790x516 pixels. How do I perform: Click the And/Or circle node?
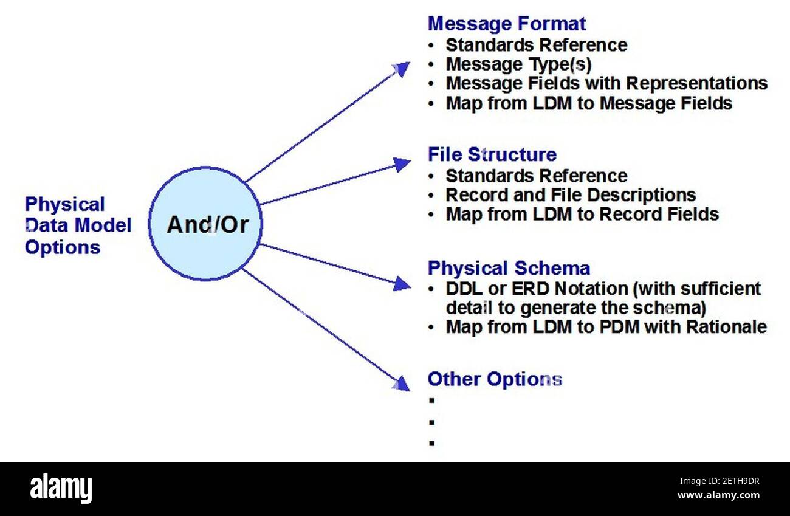point(206,224)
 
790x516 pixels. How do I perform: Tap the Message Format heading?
point(507,24)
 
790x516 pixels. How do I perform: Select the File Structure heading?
point(492,154)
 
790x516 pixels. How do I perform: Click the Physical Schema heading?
point(509,268)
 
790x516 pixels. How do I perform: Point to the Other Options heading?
point(495,379)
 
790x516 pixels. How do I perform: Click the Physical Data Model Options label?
point(78,225)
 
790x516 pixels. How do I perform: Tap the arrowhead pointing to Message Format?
point(402,68)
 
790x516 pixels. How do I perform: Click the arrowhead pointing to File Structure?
point(402,163)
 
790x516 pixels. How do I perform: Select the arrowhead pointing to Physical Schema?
point(402,283)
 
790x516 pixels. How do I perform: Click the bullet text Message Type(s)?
point(518,64)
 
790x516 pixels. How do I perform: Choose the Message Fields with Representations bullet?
point(606,83)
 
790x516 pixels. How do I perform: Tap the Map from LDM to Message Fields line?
point(589,103)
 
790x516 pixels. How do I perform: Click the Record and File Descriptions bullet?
point(571,195)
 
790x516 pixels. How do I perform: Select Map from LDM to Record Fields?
point(582,214)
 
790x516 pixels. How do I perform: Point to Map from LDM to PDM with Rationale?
point(606,327)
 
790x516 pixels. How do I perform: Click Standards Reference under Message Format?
point(536,45)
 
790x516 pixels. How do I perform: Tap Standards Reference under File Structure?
point(536,176)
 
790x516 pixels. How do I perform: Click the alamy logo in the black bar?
point(61,488)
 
